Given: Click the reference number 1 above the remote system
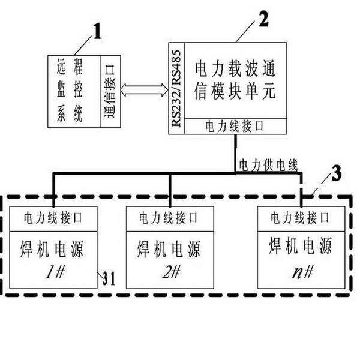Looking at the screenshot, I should (97, 32).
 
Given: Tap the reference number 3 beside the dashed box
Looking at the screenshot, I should (336, 173).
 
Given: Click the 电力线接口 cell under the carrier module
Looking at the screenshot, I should (234, 127).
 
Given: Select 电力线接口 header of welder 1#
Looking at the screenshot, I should (53, 216).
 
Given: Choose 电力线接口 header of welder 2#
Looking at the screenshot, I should (170, 216).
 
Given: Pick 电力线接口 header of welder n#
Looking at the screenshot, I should (301, 216).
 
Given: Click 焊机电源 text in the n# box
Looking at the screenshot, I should (301, 245).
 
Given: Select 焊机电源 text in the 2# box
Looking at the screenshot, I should (170, 248).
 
